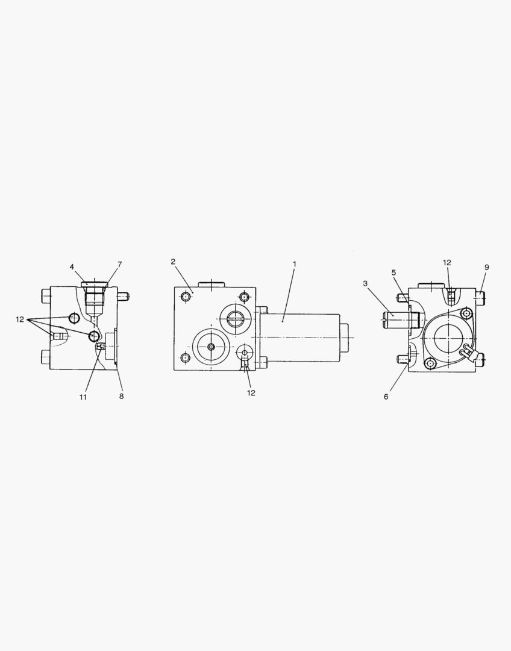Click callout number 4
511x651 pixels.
(72, 266)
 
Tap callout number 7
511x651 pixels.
(119, 264)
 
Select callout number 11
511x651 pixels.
(83, 397)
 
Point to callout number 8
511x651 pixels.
(121, 396)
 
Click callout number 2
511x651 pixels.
(173, 262)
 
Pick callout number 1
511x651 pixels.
(294, 264)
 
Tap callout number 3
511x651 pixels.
(365, 283)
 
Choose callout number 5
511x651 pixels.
(393, 272)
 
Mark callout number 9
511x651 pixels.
(487, 267)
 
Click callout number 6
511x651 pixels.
(386, 397)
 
